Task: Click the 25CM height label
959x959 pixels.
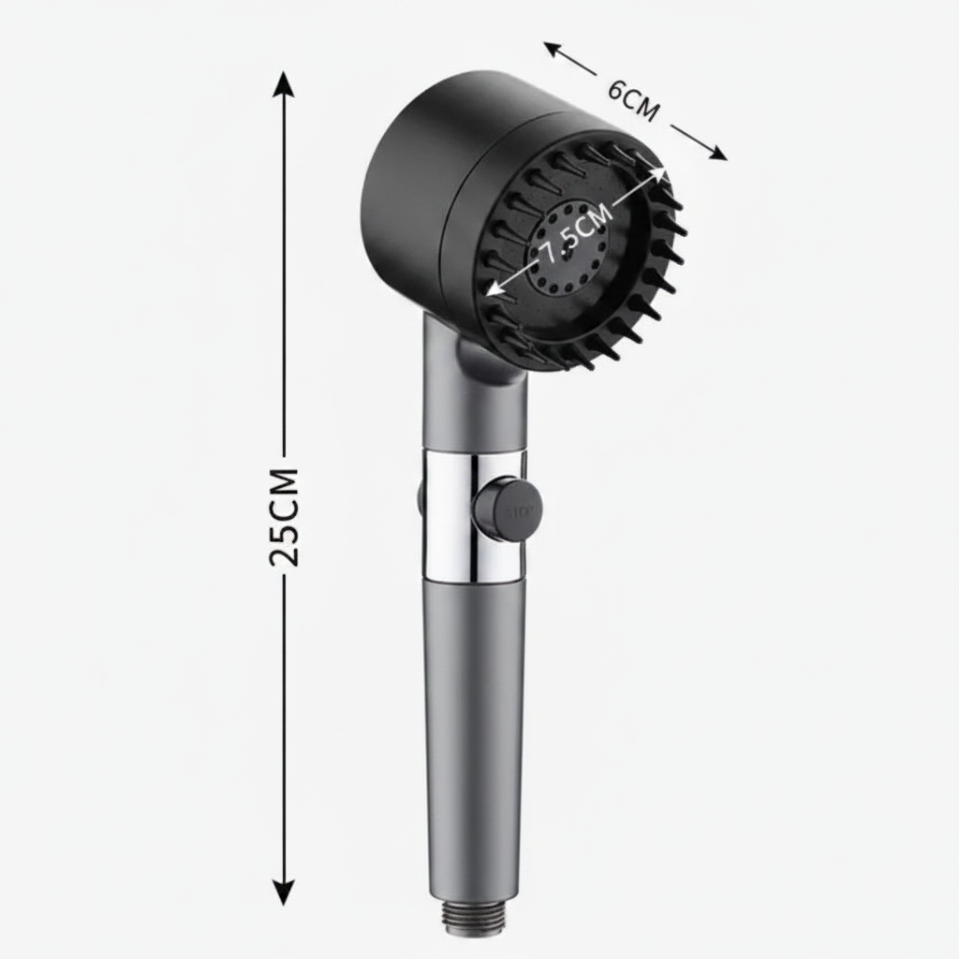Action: pyautogui.click(x=284, y=517)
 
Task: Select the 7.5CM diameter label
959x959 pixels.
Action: pyautogui.click(x=574, y=233)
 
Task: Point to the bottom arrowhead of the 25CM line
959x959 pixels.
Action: pyautogui.click(x=283, y=892)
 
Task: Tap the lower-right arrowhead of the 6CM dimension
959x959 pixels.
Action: pyautogui.click(x=717, y=153)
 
